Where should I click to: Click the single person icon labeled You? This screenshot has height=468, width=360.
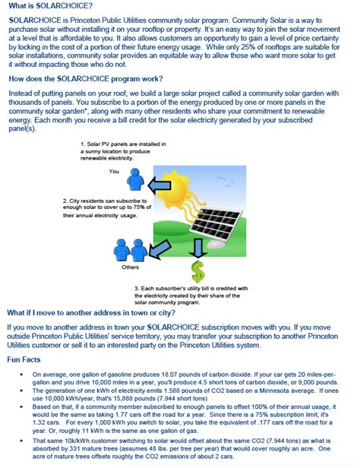tap(134, 180)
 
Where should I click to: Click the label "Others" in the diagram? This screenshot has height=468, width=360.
tap(130, 267)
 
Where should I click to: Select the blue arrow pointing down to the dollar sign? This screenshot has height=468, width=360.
tap(199, 247)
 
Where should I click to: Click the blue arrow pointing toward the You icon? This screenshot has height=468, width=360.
tap(161, 183)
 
